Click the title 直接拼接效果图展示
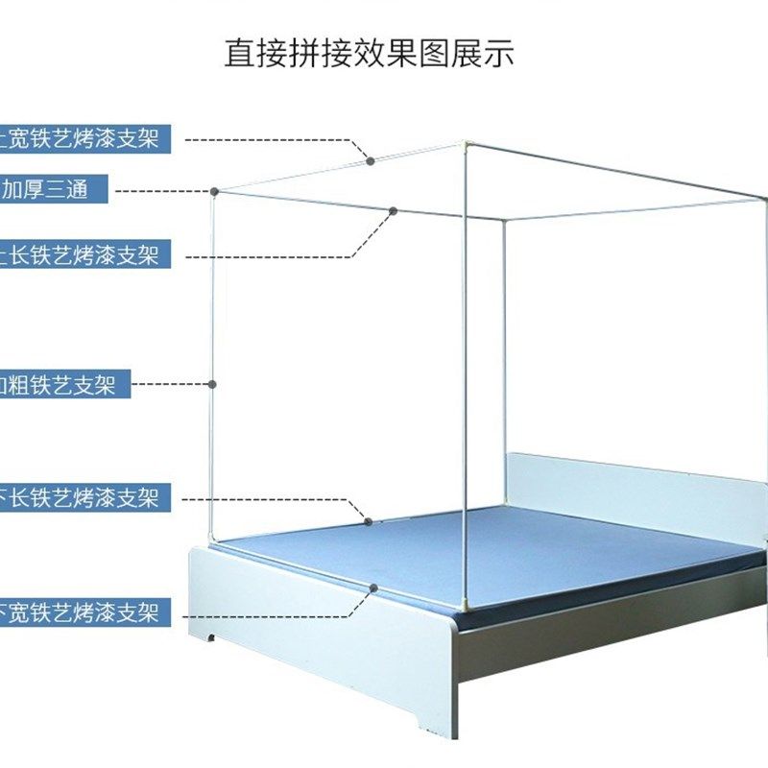pos(370,53)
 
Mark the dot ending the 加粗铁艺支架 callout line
pos(212,384)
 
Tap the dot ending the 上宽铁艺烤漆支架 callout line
pos(372,161)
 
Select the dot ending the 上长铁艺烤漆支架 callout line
pos(393,209)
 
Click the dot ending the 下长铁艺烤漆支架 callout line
pos(370,521)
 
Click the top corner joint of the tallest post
pos(465,147)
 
